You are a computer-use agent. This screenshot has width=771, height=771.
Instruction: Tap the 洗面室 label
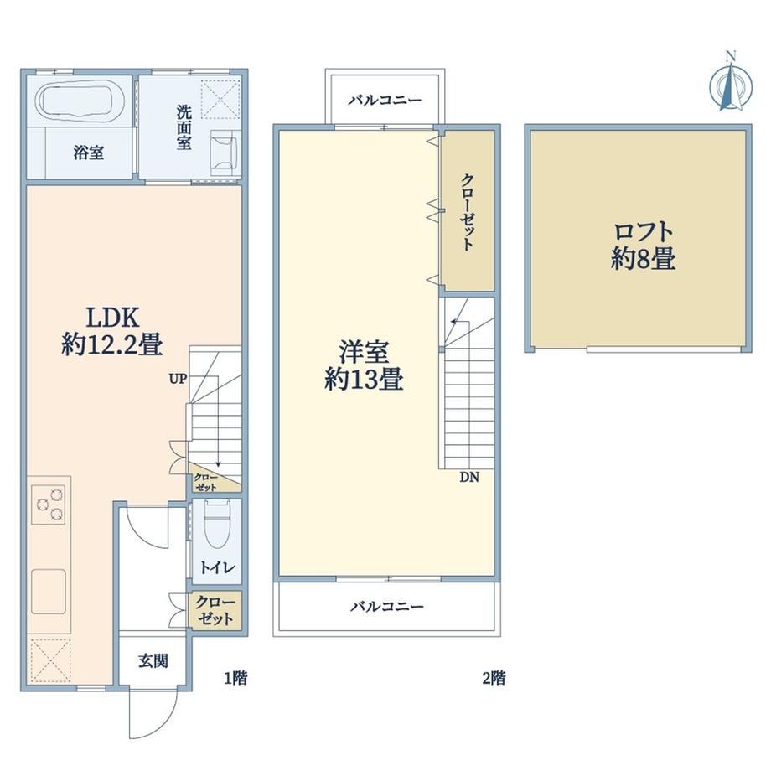(184, 128)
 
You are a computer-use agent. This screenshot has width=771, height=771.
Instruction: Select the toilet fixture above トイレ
(217, 523)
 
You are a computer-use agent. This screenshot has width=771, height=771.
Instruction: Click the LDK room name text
(113, 318)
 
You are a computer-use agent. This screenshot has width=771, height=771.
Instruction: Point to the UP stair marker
(178, 379)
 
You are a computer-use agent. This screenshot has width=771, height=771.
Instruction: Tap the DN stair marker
(469, 477)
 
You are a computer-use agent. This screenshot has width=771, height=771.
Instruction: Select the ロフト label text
(643, 230)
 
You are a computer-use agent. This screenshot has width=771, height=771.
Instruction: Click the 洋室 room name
(364, 352)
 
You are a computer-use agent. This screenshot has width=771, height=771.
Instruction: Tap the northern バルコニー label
(385, 101)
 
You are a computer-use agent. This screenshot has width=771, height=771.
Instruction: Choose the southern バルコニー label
(387, 606)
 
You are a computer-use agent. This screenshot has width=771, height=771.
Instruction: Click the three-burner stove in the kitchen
(49, 505)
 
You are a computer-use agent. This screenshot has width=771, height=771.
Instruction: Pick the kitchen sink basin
(49, 592)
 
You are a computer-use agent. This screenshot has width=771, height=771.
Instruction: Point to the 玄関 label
(153, 661)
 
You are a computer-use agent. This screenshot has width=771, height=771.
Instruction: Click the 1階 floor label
(236, 679)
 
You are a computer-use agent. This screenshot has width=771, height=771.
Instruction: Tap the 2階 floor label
(494, 679)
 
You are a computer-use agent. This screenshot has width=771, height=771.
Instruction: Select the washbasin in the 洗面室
(224, 153)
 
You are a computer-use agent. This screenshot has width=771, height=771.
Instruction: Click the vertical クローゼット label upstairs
(468, 212)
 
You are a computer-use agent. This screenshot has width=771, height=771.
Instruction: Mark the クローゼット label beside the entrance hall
(215, 610)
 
